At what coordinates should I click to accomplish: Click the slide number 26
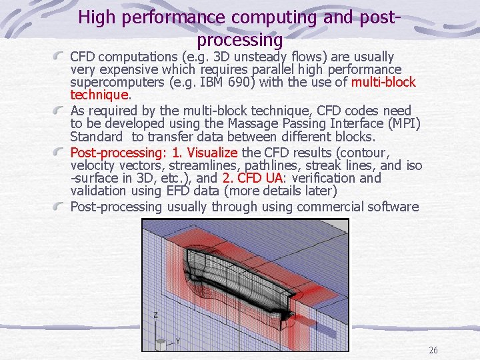point(433,351)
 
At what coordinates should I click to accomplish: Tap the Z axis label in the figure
point(156,314)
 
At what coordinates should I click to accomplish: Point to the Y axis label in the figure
point(178,341)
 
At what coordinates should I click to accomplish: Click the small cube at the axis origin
point(161,344)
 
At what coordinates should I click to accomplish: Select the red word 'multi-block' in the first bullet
point(383,83)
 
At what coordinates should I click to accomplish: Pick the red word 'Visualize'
point(209,152)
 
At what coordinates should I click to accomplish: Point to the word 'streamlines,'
point(191,165)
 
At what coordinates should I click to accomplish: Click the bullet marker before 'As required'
point(60,111)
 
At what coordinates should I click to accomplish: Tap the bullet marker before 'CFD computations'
point(60,57)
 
